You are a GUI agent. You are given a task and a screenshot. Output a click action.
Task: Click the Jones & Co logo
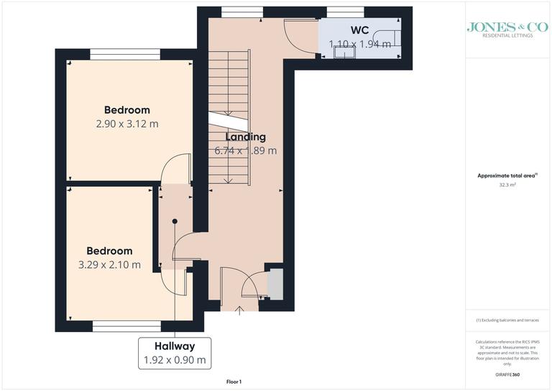(507, 29)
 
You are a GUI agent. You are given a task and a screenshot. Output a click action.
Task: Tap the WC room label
(360, 31)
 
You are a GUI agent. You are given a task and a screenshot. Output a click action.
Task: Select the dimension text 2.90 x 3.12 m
(127, 124)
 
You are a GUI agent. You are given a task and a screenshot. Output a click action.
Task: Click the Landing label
(245, 137)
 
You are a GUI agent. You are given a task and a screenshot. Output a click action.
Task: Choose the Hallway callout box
(173, 353)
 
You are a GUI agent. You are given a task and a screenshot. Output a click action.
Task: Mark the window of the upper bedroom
(125, 54)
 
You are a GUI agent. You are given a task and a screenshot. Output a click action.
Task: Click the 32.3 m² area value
(507, 184)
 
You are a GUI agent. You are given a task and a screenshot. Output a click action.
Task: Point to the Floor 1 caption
(235, 381)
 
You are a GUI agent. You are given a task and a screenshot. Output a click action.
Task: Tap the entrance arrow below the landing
(240, 309)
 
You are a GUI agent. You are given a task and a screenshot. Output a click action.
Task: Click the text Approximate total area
(506, 176)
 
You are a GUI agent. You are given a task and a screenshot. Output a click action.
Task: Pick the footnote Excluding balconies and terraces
(507, 320)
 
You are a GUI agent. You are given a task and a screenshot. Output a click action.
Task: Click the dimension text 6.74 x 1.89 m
(245, 151)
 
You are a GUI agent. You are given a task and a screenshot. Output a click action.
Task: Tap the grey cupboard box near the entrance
(273, 285)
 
